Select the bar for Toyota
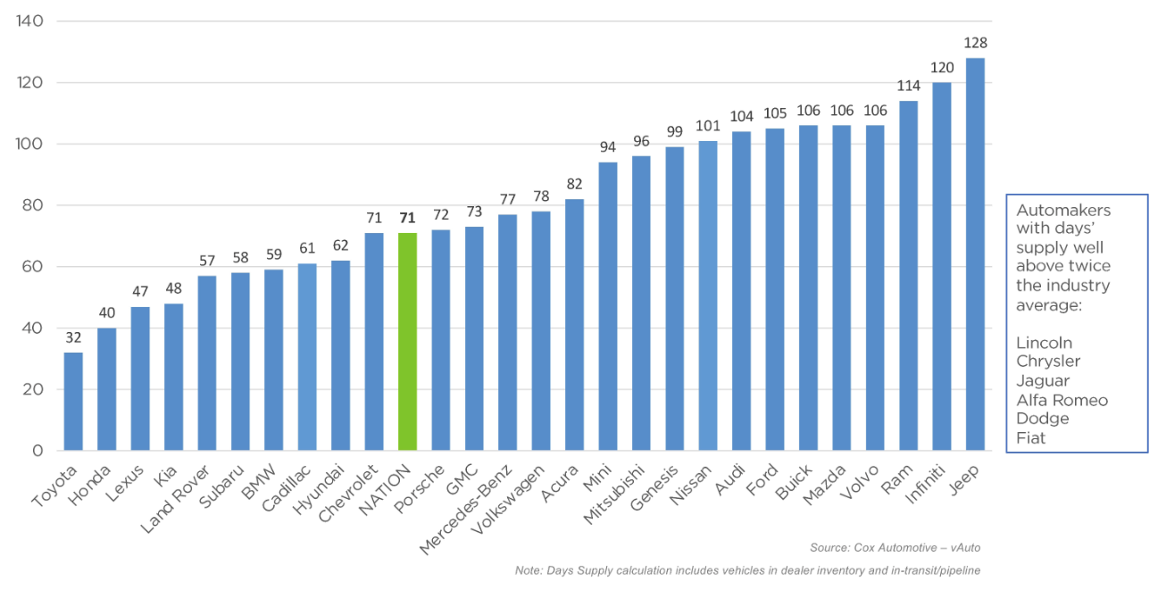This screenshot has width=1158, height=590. point(73,402)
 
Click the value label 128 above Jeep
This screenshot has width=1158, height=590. point(975,43)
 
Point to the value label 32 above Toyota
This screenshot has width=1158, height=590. point(73,337)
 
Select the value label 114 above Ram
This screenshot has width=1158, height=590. point(909,86)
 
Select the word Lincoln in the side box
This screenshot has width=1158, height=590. point(1044,343)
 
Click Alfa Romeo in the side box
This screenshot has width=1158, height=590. point(1062,400)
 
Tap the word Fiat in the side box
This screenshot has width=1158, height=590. point(1030,438)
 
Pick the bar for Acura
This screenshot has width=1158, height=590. point(574,325)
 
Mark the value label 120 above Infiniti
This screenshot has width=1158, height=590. point(942,67)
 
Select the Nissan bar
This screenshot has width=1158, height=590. point(708,295)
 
